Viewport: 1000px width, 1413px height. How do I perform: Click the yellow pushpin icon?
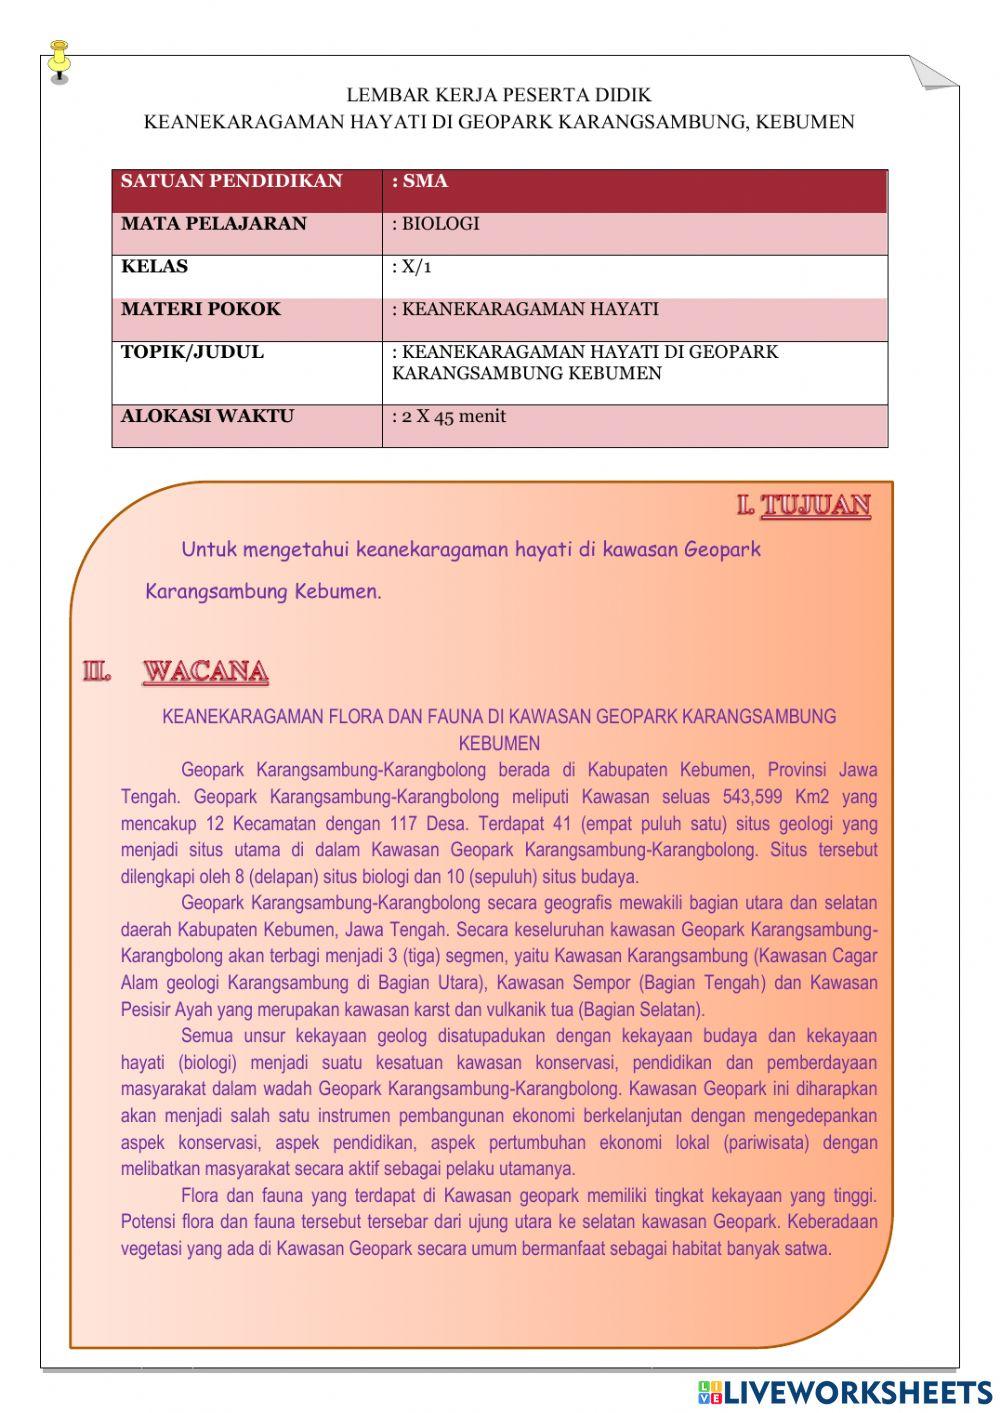pyautogui.click(x=59, y=59)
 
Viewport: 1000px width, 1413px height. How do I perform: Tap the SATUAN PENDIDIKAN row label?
pyautogui.click(x=231, y=182)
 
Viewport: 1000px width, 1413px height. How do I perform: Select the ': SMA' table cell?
pyautogui.click(x=420, y=182)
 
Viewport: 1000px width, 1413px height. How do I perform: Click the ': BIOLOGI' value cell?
pyautogui.click(x=436, y=224)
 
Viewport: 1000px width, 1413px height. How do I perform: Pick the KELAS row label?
pyautogui.click(x=154, y=267)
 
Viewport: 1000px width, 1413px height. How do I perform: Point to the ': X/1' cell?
pyautogui.click(x=412, y=267)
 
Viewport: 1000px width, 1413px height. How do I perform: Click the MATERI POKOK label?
pyautogui.click(x=200, y=309)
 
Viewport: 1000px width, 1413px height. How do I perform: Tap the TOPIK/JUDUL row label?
pyautogui.click(x=192, y=352)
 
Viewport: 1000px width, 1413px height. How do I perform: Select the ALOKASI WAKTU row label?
pyautogui.click(x=207, y=416)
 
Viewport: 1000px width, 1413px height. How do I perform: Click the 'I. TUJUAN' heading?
pyautogui.click(x=804, y=506)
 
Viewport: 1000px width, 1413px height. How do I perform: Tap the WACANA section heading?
pyautogui.click(x=205, y=671)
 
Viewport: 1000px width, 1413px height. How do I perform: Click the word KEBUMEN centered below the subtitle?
pyautogui.click(x=499, y=743)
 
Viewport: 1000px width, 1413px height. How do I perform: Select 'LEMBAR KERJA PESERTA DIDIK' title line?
pyautogui.click(x=499, y=95)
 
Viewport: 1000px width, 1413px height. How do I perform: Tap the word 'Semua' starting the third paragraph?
pyautogui.click(x=206, y=1035)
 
